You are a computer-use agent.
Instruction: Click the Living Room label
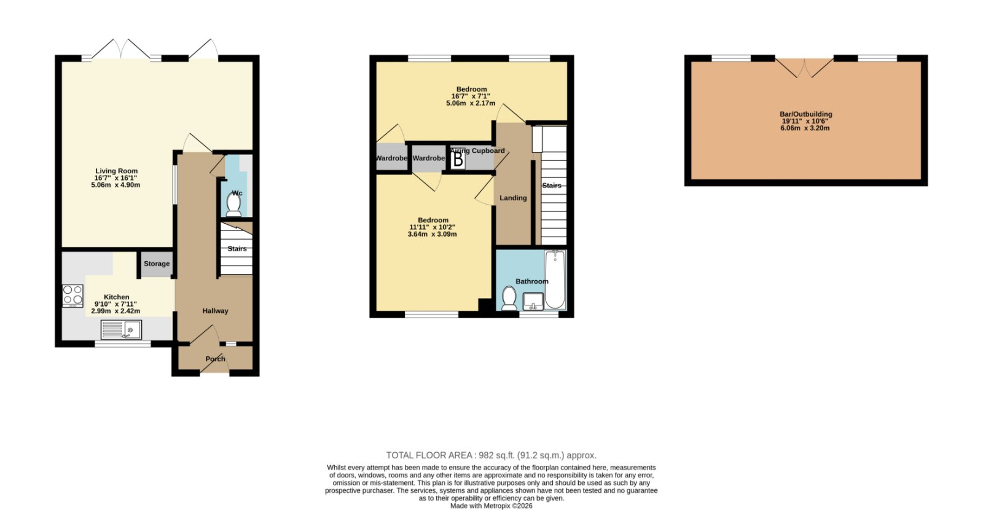(x=116, y=171)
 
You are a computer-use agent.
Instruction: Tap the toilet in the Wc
(x=233, y=205)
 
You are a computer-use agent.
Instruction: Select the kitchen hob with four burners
(x=72, y=296)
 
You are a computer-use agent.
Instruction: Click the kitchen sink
(x=121, y=330)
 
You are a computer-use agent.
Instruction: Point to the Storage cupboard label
(x=157, y=264)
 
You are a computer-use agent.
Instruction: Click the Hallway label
(x=215, y=311)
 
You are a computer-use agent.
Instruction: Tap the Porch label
(x=215, y=359)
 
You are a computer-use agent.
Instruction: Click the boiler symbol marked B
(x=458, y=159)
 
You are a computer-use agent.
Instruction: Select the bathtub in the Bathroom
(x=555, y=280)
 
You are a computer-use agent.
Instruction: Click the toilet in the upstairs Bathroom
(x=509, y=299)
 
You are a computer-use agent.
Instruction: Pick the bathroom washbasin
(x=533, y=302)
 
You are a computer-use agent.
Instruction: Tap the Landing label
(x=513, y=198)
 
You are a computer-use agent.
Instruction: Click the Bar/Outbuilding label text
(x=805, y=114)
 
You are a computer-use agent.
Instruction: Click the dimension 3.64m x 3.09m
(x=432, y=234)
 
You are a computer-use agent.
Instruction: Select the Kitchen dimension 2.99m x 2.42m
(x=116, y=311)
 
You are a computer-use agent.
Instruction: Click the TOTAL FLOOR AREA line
(x=491, y=455)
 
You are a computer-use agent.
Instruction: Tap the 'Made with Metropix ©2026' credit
(x=491, y=506)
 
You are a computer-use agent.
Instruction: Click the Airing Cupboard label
(x=477, y=151)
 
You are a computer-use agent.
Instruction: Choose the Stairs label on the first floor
(x=552, y=185)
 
